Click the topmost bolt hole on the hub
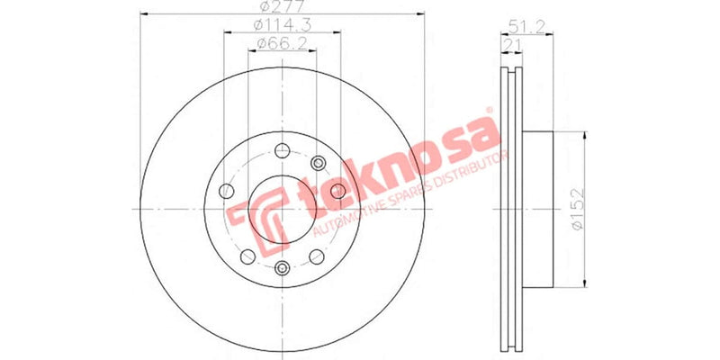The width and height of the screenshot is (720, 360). pos(282,151)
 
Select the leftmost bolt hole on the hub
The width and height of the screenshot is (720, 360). pos(226,191)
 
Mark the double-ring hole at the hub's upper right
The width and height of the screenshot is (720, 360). pos(317,161)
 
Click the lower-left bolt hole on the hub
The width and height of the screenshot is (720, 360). pos(247,256)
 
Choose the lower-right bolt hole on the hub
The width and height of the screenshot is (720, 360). pos(317,256)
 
